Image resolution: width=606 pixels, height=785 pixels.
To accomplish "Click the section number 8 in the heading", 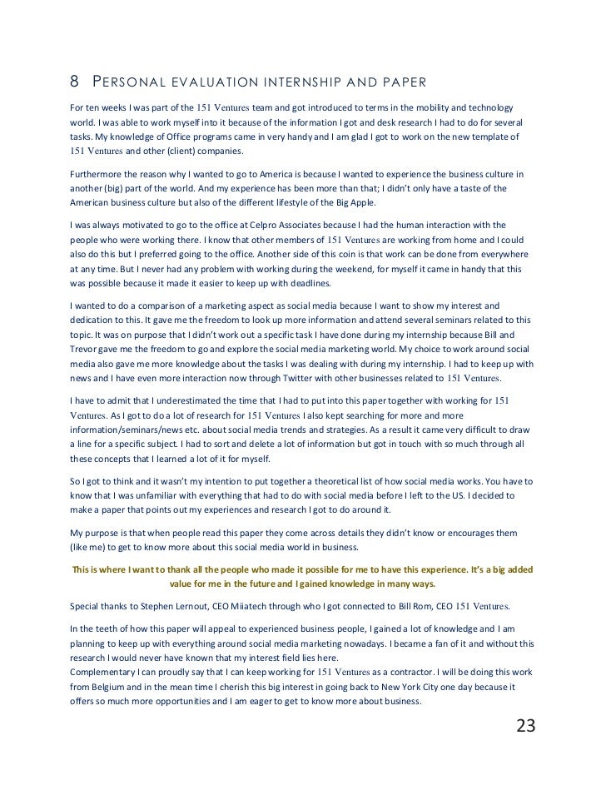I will tap(73, 82).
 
